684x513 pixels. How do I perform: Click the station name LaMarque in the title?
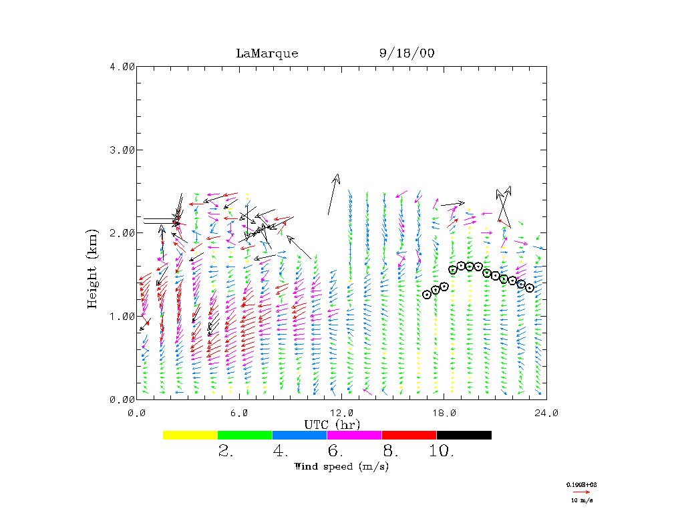click(x=267, y=53)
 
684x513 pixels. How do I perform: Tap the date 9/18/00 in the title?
click(x=406, y=53)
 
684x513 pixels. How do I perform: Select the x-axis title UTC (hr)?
click(x=332, y=424)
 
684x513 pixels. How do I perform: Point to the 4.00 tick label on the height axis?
click(x=122, y=66)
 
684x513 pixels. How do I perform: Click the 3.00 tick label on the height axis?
click(x=122, y=150)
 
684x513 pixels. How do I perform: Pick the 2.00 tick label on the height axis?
click(x=122, y=232)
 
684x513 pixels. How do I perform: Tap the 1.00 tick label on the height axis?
click(x=122, y=316)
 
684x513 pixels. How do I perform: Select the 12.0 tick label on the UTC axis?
click(x=341, y=412)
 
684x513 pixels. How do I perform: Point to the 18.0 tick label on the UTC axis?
click(x=444, y=412)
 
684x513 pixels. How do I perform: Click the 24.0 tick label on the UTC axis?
click(x=546, y=412)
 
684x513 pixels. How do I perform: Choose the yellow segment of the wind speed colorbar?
click(x=190, y=435)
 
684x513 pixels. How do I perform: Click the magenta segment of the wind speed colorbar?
click(x=354, y=435)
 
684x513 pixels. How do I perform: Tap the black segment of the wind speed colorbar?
click(x=464, y=435)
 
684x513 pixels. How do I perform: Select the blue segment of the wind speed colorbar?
click(x=299, y=435)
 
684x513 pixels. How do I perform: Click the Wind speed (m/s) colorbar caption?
click(x=341, y=466)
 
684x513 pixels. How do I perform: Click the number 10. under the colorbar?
click(x=441, y=452)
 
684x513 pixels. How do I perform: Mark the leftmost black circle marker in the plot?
click(x=427, y=295)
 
